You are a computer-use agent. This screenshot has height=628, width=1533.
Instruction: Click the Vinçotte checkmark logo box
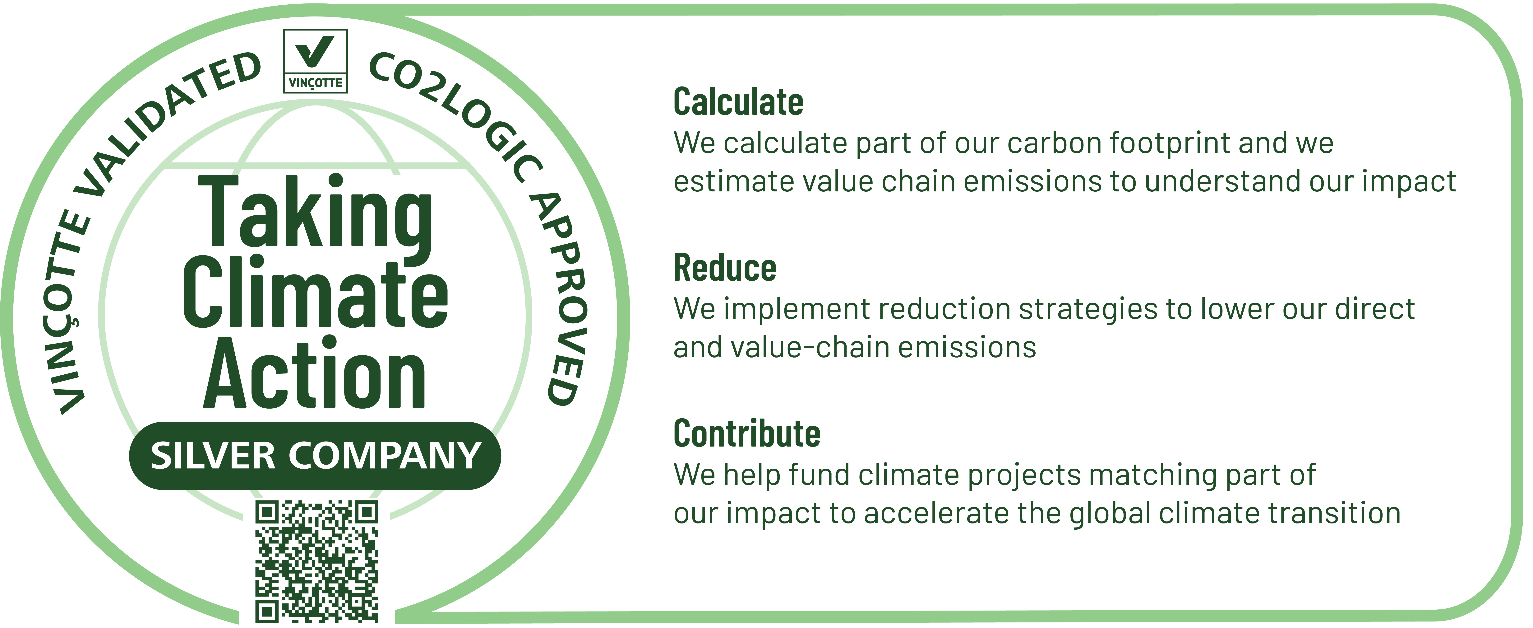point(315,61)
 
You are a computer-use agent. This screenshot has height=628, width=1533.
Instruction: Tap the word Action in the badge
point(314,372)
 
